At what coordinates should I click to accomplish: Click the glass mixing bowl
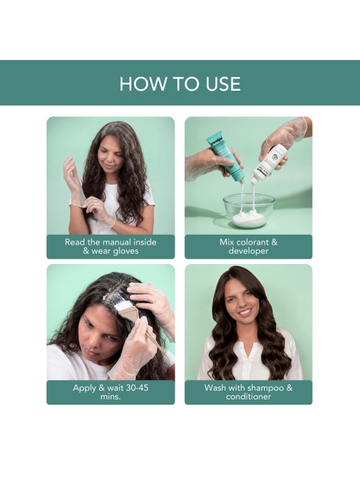point(248,211)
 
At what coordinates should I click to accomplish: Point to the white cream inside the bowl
point(248,218)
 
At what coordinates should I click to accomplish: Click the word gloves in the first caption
point(126,251)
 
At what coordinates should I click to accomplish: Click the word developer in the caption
point(248,251)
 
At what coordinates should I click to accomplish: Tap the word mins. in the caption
point(110,397)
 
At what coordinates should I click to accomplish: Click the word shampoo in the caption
point(265,388)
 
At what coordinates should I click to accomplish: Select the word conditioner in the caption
point(248,397)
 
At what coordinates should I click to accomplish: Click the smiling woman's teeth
point(244,313)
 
